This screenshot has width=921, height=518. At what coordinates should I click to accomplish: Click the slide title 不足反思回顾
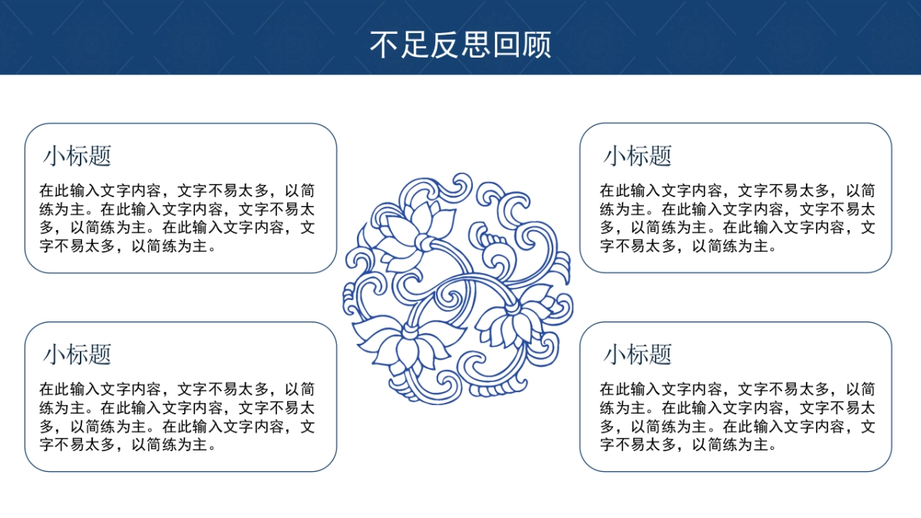pyautogui.click(x=460, y=45)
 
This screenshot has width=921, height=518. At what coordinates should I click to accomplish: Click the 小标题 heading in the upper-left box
pyautogui.click(x=78, y=156)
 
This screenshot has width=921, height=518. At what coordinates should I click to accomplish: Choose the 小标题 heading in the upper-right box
pyautogui.click(x=638, y=156)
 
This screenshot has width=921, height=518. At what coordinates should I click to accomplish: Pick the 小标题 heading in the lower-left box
pyautogui.click(x=78, y=354)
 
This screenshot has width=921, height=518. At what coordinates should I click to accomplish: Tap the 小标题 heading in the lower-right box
pyautogui.click(x=638, y=354)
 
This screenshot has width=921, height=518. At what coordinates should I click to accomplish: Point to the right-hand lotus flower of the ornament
pyautogui.click(x=514, y=318)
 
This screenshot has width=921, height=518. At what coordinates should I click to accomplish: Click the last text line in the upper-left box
pyautogui.click(x=127, y=246)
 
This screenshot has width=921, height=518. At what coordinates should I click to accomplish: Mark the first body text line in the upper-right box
pyautogui.click(x=737, y=190)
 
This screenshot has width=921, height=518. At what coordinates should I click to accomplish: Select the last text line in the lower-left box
pyautogui.click(x=127, y=444)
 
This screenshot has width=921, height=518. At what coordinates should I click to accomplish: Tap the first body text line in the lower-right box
pyautogui.click(x=737, y=389)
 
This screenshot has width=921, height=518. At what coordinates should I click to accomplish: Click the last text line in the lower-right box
pyautogui.click(x=688, y=444)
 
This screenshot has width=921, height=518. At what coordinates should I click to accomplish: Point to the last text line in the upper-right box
pyautogui.click(x=688, y=246)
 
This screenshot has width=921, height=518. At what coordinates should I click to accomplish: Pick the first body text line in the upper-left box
pyautogui.click(x=177, y=190)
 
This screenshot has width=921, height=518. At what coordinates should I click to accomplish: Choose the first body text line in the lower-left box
pyautogui.click(x=177, y=389)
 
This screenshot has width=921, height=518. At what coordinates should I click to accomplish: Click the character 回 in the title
pyautogui.click(x=506, y=45)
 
